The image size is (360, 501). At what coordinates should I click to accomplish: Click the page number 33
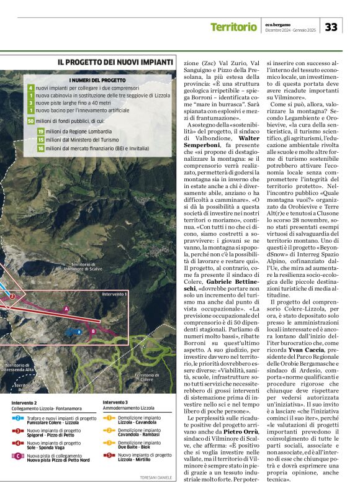[x=332, y=27]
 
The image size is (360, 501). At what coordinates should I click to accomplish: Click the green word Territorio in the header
[x=233, y=27]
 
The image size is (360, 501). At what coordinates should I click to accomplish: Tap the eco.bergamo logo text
[x=277, y=24]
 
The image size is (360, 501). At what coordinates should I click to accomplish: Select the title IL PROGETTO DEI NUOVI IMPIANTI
[x=115, y=62]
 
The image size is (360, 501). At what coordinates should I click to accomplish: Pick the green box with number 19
[x=40, y=132]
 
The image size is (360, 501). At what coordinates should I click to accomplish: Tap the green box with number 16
[x=40, y=148]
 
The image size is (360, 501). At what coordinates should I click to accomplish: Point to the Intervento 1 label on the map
[x=114, y=294]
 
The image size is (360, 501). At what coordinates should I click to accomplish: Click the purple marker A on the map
[x=66, y=309]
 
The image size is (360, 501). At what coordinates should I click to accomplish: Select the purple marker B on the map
[x=93, y=331]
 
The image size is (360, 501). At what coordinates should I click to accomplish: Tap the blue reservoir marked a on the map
[x=79, y=332]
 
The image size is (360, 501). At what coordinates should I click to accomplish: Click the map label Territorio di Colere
[x=147, y=377]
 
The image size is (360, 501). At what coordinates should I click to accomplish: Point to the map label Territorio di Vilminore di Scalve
[x=83, y=283]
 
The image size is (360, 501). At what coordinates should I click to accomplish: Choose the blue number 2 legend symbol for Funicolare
[x=19, y=418]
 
